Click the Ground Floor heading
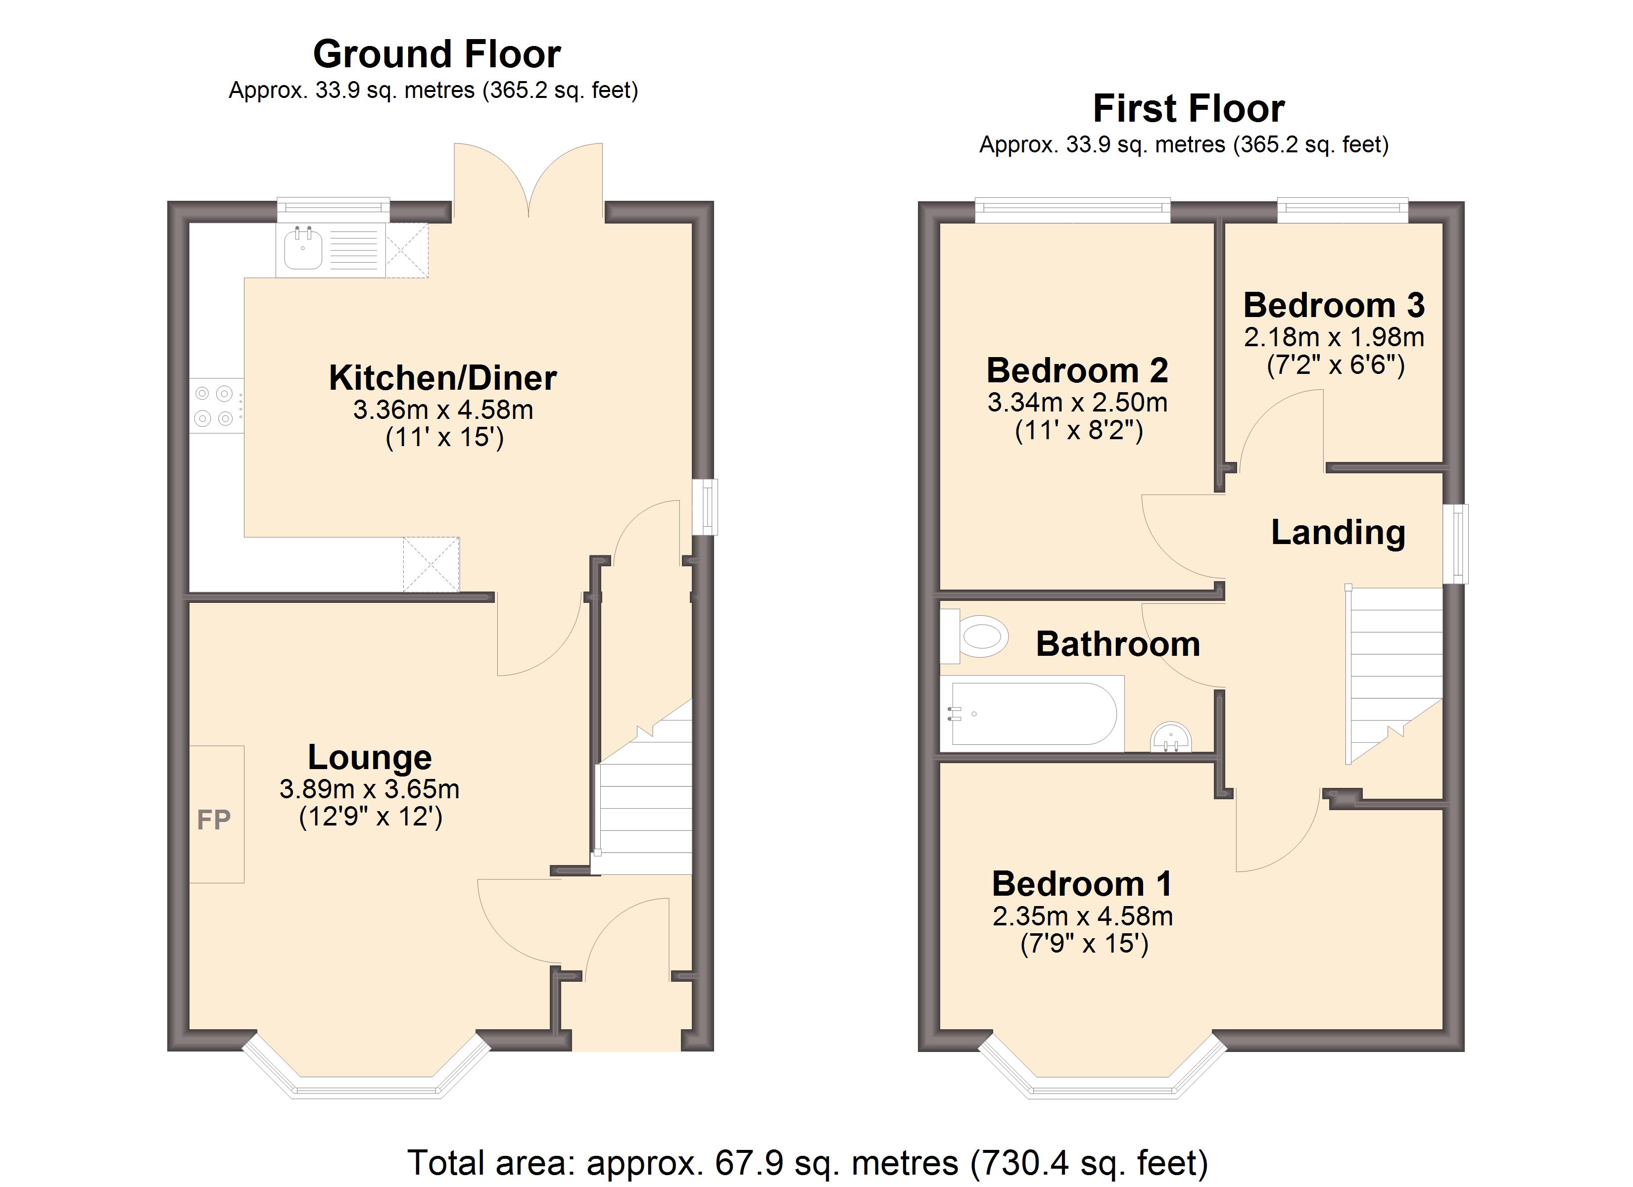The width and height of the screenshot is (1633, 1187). pyautogui.click(x=436, y=54)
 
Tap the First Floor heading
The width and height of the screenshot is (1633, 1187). pyautogui.click(x=1189, y=109)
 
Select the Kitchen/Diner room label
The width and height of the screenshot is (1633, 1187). pyautogui.click(x=443, y=378)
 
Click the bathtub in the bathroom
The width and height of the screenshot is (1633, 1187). pyautogui.click(x=1033, y=713)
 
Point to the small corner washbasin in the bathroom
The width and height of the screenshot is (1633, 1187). pyautogui.click(x=1171, y=738)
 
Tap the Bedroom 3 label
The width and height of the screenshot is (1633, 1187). pyautogui.click(x=1334, y=305)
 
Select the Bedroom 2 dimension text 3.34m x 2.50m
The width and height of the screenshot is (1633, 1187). pyautogui.click(x=1078, y=403)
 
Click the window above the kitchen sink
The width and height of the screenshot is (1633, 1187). pyautogui.click(x=334, y=210)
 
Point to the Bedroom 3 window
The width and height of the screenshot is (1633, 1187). pyautogui.click(x=1343, y=210)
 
